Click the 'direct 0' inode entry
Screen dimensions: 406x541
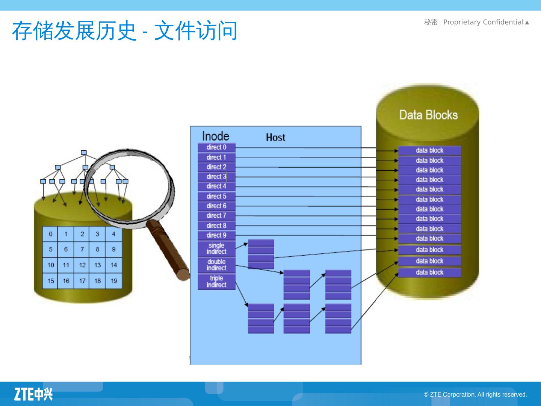[x=216, y=147]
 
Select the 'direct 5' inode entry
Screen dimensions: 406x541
[x=216, y=196]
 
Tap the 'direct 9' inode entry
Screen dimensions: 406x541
[x=216, y=235]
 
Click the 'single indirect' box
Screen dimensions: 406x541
[x=216, y=248]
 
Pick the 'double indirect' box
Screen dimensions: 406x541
[x=216, y=265]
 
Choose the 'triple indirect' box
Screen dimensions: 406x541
[x=216, y=282]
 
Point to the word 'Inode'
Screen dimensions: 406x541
[x=215, y=136]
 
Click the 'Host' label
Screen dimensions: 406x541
[x=275, y=138]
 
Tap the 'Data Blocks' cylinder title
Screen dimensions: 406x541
[x=428, y=115]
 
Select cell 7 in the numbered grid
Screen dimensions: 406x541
[x=82, y=249]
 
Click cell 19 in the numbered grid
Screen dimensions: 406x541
[x=114, y=281]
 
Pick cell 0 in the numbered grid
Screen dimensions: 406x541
[x=50, y=234]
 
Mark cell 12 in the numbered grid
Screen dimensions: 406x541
[x=82, y=265]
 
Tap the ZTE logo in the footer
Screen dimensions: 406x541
[x=33, y=394]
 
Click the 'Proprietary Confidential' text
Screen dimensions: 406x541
[x=483, y=22]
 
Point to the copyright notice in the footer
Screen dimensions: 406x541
[x=475, y=394]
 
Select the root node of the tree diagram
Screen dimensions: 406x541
[x=84, y=153]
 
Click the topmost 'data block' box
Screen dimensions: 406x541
[x=429, y=150]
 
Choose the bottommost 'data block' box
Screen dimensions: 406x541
[x=429, y=273]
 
